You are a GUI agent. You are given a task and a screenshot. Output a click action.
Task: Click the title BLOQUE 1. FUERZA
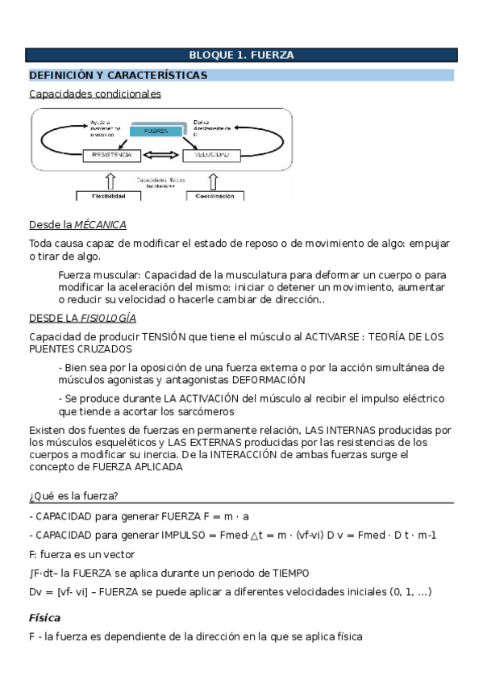point(241,55)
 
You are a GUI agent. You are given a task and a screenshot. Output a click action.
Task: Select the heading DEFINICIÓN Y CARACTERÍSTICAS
point(119,75)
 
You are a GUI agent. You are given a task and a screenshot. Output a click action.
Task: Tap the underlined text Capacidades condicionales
point(95,94)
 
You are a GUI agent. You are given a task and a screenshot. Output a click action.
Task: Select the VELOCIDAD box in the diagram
point(213,154)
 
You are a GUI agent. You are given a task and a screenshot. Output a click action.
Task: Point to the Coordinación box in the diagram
point(215,195)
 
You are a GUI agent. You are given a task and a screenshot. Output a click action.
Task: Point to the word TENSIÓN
point(164,336)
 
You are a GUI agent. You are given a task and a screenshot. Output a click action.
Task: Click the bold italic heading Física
point(45,617)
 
